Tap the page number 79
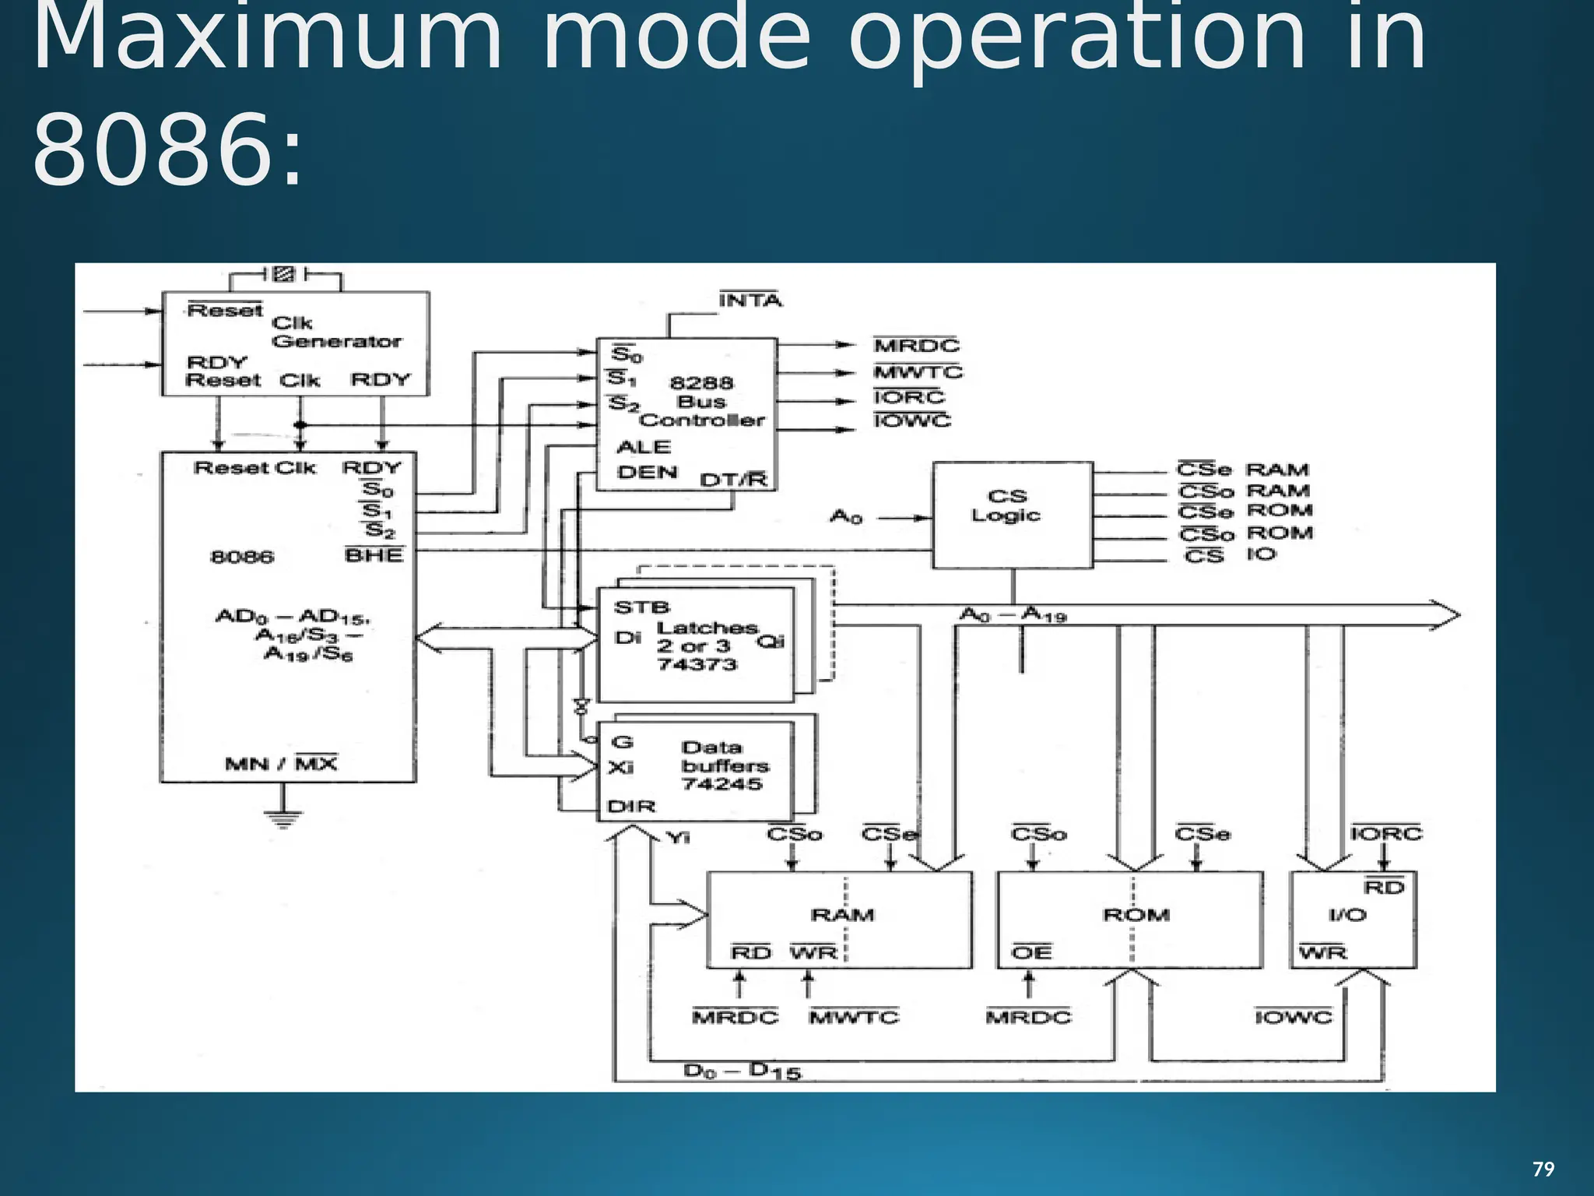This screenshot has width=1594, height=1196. (x=1543, y=1169)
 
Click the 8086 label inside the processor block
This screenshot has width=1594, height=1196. (x=242, y=557)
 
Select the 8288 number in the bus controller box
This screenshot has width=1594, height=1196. (x=701, y=382)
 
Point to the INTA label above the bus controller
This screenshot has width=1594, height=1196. (x=750, y=301)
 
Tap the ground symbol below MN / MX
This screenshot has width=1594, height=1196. (x=283, y=818)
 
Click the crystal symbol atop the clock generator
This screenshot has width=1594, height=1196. (x=285, y=274)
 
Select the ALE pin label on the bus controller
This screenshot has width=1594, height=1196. (x=643, y=447)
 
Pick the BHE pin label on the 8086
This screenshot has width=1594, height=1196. (x=374, y=555)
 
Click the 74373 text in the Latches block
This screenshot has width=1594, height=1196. (x=697, y=664)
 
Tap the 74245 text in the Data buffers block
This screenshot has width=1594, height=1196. (x=722, y=784)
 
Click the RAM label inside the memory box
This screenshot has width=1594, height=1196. (x=842, y=915)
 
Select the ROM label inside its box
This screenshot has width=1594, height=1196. (x=1136, y=915)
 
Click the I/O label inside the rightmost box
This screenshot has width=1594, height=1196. (x=1347, y=915)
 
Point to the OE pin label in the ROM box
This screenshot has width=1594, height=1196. (x=1031, y=952)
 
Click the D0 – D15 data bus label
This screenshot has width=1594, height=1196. (x=741, y=1072)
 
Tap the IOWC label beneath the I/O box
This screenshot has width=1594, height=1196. (x=1293, y=1017)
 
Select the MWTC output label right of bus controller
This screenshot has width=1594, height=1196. (x=918, y=372)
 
